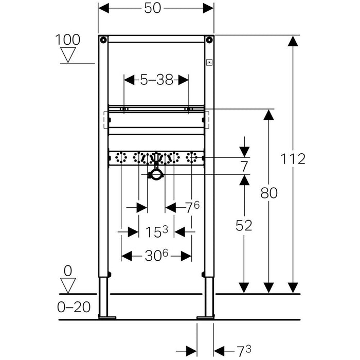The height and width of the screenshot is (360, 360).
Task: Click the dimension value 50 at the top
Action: click(156, 9)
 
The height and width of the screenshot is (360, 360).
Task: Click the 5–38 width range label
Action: click(156, 80)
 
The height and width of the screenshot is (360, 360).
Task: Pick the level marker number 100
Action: click(68, 40)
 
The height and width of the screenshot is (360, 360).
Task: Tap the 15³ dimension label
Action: click(156, 232)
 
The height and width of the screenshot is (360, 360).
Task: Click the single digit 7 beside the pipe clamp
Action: click(244, 166)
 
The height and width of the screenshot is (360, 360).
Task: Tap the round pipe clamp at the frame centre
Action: click(156, 175)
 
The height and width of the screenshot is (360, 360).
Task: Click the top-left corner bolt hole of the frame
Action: click(104, 40)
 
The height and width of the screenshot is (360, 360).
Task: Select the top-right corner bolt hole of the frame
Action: click(209, 40)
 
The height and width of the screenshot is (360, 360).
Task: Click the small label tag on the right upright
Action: click(209, 64)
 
